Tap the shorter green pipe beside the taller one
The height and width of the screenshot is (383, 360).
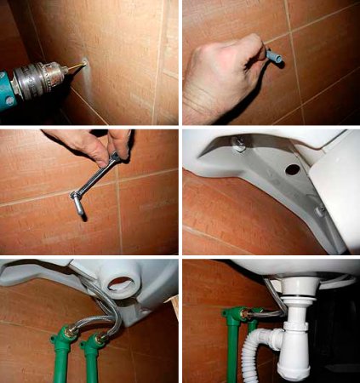pyautogui.click(x=89, y=362)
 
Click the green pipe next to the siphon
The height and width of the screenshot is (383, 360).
pyautogui.click(x=231, y=349)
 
